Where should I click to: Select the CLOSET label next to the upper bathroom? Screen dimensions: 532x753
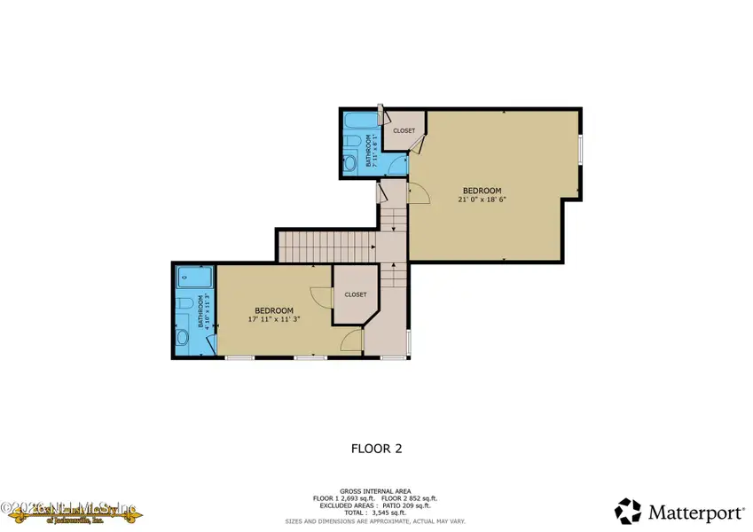[x=404, y=131]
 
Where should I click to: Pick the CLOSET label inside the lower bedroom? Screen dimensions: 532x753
[x=356, y=294]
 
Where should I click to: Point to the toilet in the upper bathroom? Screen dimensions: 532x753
[x=350, y=142]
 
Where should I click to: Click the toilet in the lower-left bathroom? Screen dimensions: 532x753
[x=184, y=304]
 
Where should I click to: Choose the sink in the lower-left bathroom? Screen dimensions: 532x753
[x=183, y=338]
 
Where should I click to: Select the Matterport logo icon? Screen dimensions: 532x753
[x=628, y=510]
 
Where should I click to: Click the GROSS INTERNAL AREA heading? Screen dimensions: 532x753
[x=377, y=490]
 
